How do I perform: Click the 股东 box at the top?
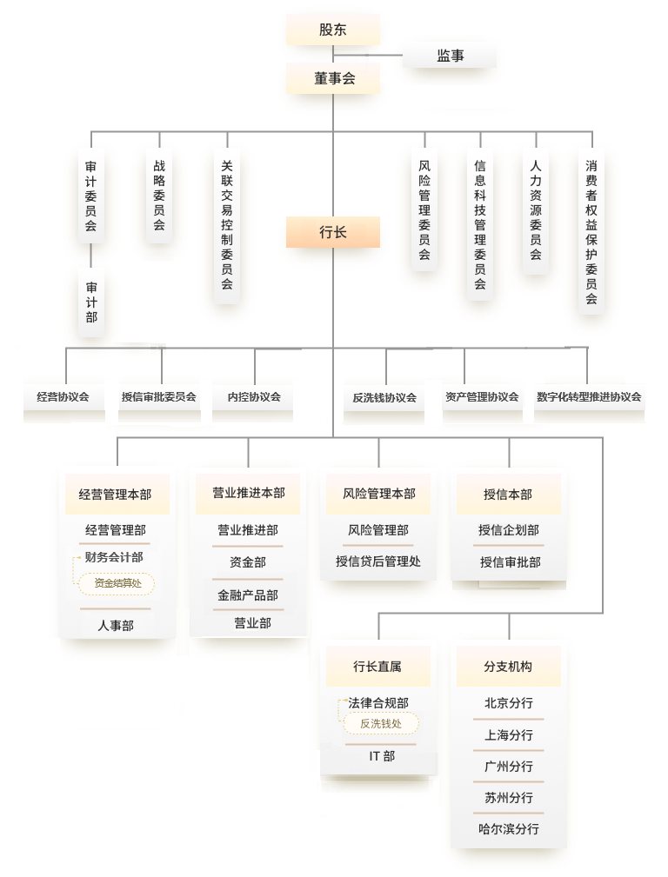(x=333, y=30)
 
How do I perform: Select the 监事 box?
(x=450, y=56)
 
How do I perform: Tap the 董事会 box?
(x=334, y=78)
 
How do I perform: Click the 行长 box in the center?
(x=333, y=232)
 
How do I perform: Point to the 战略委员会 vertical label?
(x=159, y=195)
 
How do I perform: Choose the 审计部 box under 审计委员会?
(x=91, y=302)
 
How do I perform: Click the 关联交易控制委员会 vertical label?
(x=227, y=224)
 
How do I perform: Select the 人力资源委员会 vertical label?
(x=536, y=209)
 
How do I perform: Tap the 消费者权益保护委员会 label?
(x=591, y=231)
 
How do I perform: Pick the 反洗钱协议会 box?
(x=384, y=397)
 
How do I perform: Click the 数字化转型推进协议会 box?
(x=589, y=396)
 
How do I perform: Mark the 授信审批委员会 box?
(x=159, y=396)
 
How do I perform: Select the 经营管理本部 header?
(x=115, y=495)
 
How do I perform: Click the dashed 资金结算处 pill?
(x=117, y=583)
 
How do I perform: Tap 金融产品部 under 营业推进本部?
(x=248, y=595)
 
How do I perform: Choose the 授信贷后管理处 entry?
(x=378, y=561)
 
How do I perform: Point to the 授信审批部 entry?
(x=509, y=562)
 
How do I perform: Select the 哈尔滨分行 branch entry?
(x=509, y=829)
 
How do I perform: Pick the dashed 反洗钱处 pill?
(x=381, y=723)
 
